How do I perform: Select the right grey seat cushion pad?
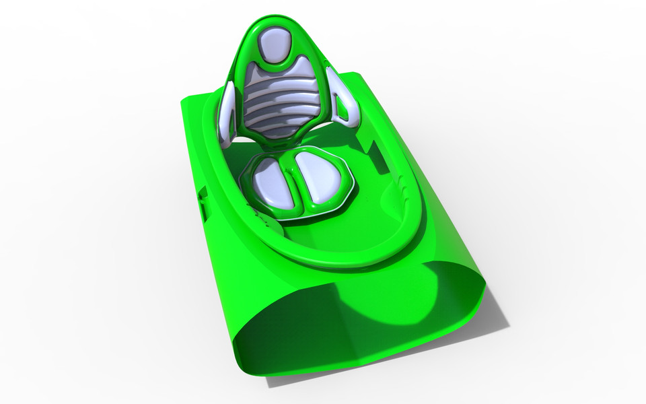318,176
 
